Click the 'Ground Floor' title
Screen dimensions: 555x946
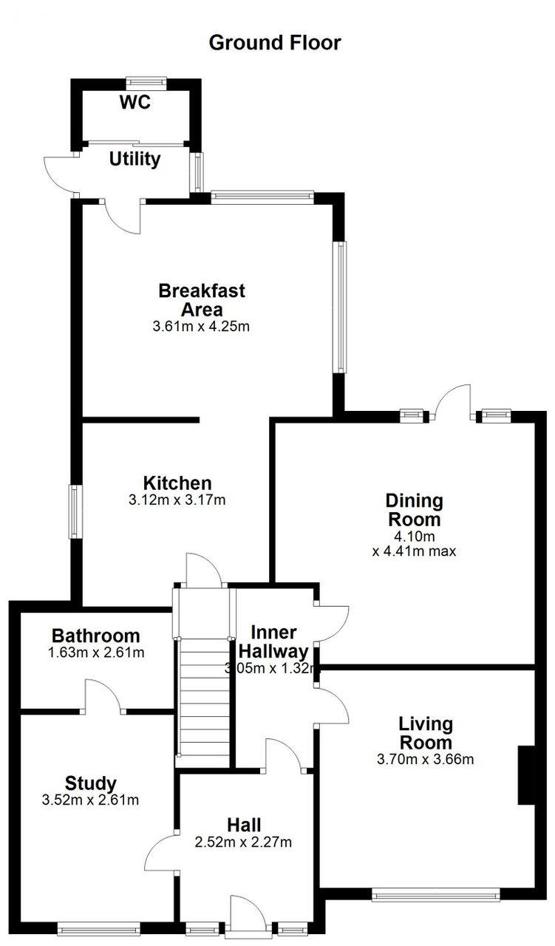click(275, 43)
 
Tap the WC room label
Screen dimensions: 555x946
click(135, 102)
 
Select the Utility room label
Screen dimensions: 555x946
click(135, 159)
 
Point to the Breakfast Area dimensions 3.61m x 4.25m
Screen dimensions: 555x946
click(201, 327)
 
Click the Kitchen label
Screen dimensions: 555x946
click(177, 483)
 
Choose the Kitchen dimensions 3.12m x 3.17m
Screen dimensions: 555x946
click(177, 500)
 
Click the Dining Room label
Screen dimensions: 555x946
click(415, 510)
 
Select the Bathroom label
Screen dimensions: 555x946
click(96, 636)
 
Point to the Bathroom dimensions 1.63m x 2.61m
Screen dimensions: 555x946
click(96, 653)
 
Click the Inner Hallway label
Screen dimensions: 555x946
click(273, 642)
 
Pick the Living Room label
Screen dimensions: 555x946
click(426, 733)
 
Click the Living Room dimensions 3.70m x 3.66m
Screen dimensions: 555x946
click(426, 759)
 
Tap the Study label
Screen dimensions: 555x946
click(91, 783)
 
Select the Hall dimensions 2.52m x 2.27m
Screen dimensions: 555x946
click(243, 842)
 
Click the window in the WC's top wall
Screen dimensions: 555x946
click(146, 83)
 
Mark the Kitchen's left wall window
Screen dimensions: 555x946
click(75, 511)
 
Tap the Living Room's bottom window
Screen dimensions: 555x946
click(436, 894)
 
